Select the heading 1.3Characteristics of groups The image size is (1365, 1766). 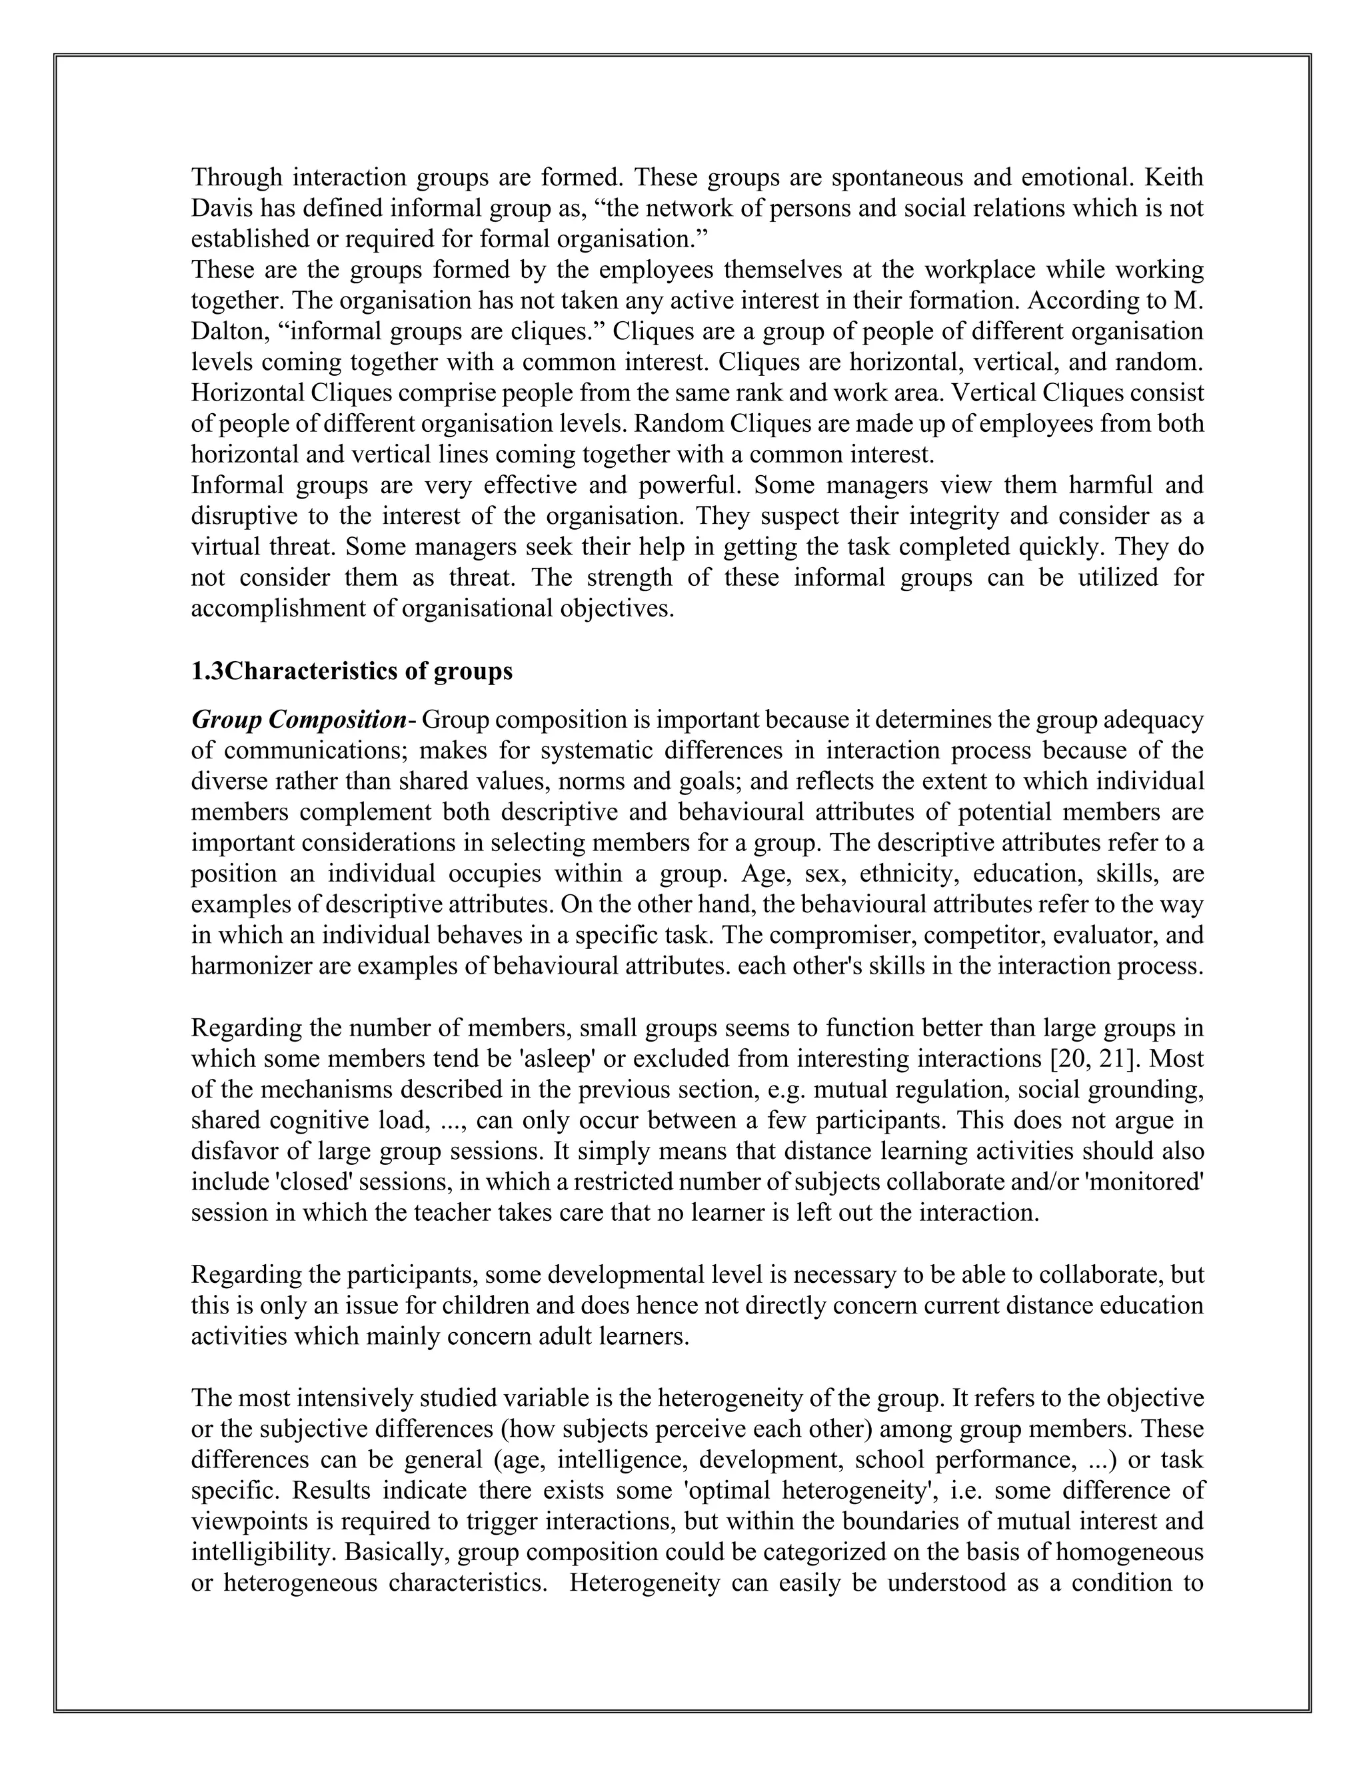(x=351, y=671)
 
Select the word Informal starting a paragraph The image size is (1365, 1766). (x=237, y=485)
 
